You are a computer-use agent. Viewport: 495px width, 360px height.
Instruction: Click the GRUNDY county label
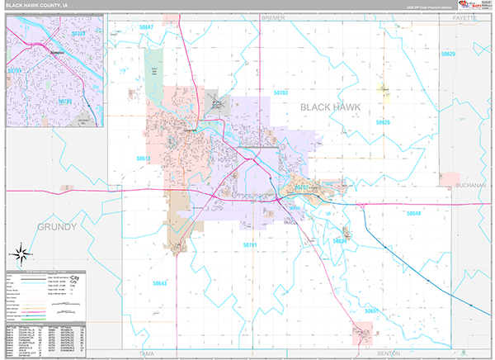pyautogui.click(x=56, y=226)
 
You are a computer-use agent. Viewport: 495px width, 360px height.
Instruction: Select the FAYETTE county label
pyautogui.click(x=465, y=17)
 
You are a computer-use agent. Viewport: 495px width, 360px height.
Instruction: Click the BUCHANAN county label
pyautogui.click(x=470, y=186)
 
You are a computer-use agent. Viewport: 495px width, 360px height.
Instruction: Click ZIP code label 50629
pyautogui.click(x=448, y=54)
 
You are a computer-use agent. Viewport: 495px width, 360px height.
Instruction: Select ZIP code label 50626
pyautogui.click(x=383, y=122)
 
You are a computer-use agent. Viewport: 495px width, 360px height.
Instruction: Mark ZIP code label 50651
pyautogui.click(x=372, y=311)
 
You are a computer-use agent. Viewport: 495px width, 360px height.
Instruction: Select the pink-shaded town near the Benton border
pyautogui.click(x=362, y=335)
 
